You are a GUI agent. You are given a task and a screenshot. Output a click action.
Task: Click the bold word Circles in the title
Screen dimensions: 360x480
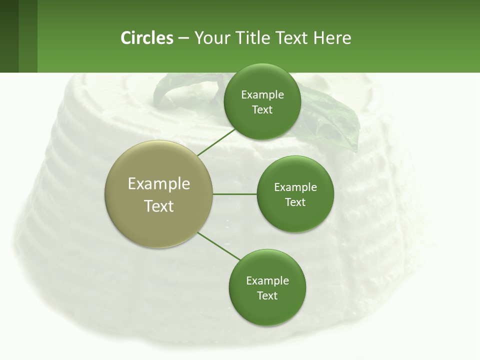point(146,37)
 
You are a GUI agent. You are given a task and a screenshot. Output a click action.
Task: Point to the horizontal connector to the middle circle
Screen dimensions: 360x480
point(234,194)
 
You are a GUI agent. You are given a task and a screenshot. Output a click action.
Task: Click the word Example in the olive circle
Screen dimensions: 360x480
point(158,184)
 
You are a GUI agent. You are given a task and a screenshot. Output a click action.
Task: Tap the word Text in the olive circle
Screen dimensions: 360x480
point(158,206)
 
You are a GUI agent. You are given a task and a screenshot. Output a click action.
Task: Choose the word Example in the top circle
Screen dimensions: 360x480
point(262,94)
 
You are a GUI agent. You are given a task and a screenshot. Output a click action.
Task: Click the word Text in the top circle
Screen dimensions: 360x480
point(262,109)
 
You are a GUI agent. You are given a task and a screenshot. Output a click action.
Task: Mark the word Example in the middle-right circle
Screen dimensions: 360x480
point(295,187)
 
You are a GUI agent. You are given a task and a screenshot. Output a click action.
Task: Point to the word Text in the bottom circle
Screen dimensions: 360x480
point(267,295)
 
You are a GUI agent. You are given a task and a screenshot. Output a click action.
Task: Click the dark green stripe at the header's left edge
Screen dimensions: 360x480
point(9,36)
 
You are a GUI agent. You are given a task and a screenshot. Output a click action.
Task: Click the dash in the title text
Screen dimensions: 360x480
point(183,38)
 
